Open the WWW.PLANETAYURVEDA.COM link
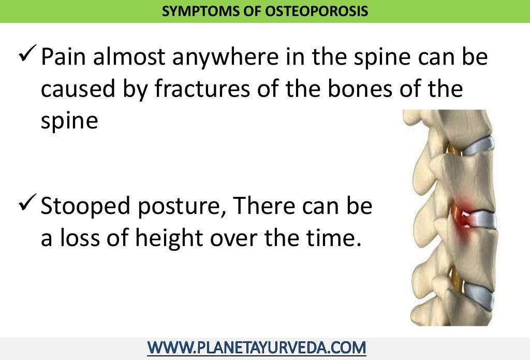257,347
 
